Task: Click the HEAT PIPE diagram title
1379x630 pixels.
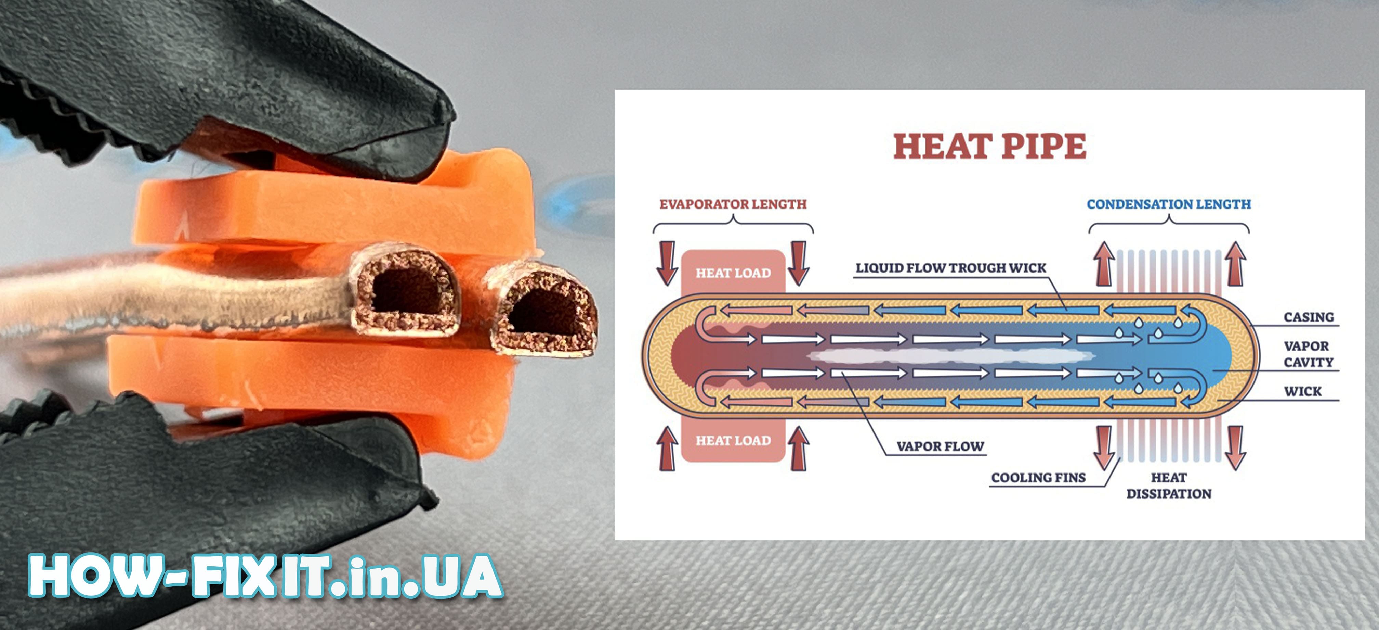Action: click(x=990, y=146)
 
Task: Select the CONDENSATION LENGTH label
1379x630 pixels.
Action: click(x=1169, y=204)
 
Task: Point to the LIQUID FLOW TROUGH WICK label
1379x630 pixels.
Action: click(x=951, y=268)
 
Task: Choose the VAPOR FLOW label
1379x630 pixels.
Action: click(x=940, y=446)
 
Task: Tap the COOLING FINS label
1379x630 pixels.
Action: click(x=1038, y=477)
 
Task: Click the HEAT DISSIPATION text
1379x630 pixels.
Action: click(x=1169, y=486)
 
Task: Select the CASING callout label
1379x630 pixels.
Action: click(x=1308, y=317)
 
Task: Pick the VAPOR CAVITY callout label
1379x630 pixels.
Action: click(x=1308, y=354)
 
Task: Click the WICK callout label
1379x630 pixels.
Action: click(x=1302, y=391)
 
